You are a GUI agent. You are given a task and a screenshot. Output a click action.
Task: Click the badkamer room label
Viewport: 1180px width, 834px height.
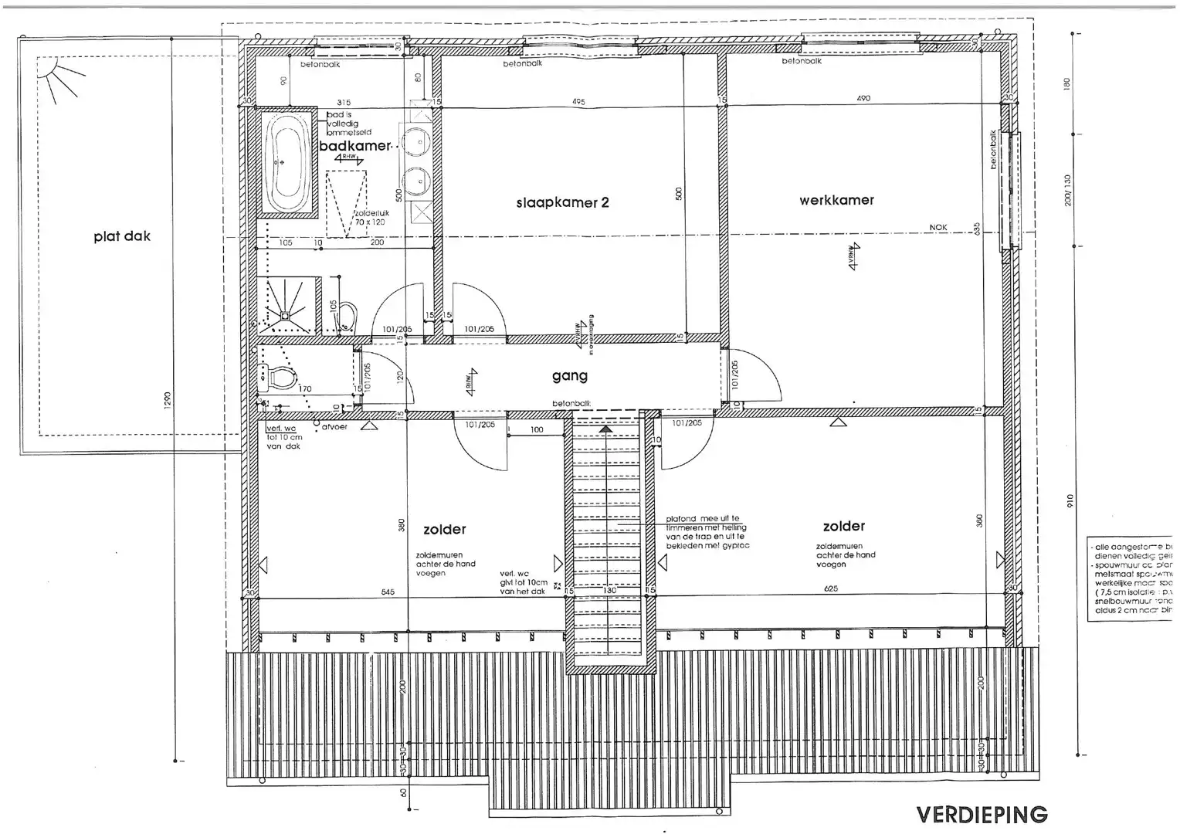(x=356, y=146)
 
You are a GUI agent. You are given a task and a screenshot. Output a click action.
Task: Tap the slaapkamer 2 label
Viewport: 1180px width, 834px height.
(x=562, y=203)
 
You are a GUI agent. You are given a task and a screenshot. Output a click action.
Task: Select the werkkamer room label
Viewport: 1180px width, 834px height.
(x=836, y=200)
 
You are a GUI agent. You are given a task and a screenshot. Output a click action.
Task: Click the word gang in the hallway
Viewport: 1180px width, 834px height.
(x=570, y=376)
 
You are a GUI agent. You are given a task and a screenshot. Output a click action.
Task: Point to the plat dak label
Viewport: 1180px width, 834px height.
(x=122, y=236)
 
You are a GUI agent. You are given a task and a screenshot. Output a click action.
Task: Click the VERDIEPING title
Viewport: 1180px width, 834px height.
(x=982, y=815)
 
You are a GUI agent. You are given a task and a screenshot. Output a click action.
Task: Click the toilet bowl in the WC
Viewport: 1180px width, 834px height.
(x=280, y=378)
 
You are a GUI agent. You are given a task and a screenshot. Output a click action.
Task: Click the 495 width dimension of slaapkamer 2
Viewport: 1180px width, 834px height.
(x=578, y=102)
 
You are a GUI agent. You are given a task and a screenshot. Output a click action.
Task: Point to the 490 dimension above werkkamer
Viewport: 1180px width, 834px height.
(x=863, y=98)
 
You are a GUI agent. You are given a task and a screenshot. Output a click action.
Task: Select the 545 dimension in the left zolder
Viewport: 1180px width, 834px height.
(x=388, y=592)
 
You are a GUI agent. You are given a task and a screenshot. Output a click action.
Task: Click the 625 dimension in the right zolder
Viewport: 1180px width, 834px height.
(x=831, y=589)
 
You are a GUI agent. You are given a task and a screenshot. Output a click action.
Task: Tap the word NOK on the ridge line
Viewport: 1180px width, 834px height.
(x=938, y=227)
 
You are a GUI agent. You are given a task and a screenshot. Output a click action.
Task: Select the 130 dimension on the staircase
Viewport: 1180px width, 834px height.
(x=609, y=592)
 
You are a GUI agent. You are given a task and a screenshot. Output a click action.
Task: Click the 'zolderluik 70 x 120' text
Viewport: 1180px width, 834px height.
(x=369, y=217)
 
